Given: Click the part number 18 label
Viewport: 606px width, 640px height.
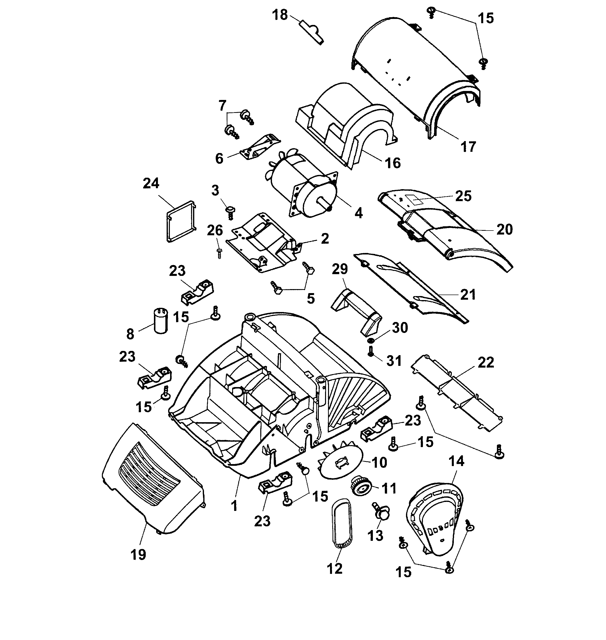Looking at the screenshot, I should click(280, 15).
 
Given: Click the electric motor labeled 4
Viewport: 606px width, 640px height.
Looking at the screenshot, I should click(304, 187).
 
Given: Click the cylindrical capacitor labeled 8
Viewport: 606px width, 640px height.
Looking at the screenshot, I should click(161, 320).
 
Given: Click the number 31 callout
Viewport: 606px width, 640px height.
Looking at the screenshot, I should click(394, 361).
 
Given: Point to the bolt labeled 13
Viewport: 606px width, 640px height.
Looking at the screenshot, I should click(381, 513).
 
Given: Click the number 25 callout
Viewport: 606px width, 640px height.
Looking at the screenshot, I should click(463, 196).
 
